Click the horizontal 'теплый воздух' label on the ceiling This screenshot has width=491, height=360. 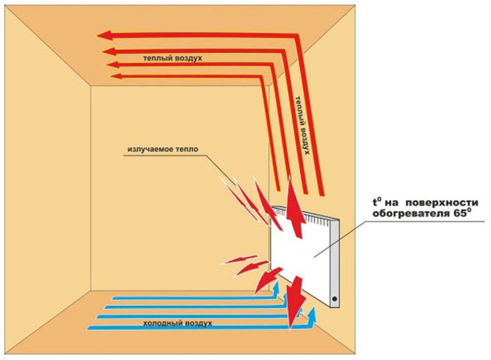tap(173, 59)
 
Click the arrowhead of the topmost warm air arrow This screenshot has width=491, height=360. tap(104, 36)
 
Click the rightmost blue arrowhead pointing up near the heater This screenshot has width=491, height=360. tap(313, 314)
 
